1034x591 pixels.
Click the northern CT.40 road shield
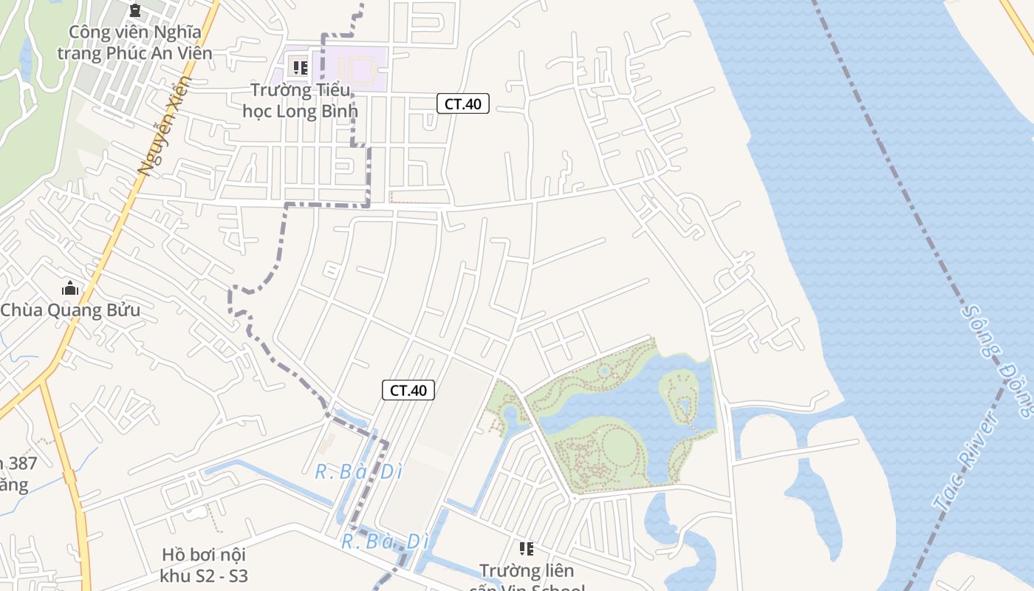click(x=463, y=103)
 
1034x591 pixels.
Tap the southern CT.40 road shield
click(x=408, y=390)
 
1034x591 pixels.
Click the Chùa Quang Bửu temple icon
click(x=70, y=288)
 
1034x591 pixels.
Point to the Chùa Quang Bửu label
click(x=70, y=310)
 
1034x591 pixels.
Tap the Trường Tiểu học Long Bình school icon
click(x=300, y=67)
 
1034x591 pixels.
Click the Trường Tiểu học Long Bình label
click(x=300, y=100)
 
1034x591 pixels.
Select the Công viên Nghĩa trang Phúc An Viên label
click(x=134, y=42)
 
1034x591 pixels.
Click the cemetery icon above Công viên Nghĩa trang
click(x=134, y=10)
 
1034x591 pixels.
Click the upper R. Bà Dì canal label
click(x=358, y=471)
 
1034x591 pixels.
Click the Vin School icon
click(x=526, y=548)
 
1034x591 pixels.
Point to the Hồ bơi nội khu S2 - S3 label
click(x=204, y=564)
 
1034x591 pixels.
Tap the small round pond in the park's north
click(x=604, y=372)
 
